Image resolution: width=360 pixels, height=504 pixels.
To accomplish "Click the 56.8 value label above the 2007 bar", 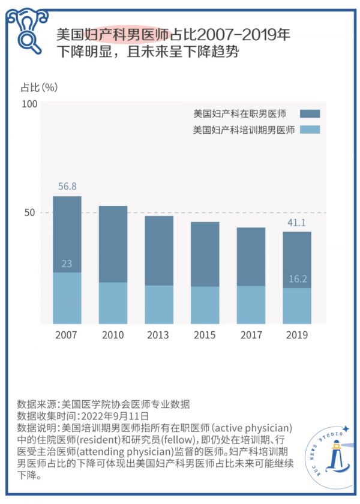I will pyautogui.click(x=67, y=187).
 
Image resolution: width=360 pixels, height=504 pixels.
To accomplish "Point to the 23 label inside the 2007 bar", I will pyautogui.click(x=67, y=263).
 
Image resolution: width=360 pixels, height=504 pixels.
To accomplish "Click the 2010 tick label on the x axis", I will pyautogui.click(x=113, y=335).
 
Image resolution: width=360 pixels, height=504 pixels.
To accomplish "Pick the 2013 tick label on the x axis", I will pyautogui.click(x=159, y=335).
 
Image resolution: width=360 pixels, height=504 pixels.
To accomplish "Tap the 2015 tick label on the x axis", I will pyautogui.click(x=205, y=335).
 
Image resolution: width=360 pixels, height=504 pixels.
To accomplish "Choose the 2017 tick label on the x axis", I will pyautogui.click(x=251, y=335).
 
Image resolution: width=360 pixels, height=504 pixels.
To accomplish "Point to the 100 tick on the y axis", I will pyautogui.click(x=30, y=104).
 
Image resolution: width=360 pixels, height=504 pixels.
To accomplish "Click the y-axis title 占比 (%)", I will pyautogui.click(x=40, y=87).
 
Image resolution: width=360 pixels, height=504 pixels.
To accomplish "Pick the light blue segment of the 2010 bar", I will pyautogui.click(x=113, y=303).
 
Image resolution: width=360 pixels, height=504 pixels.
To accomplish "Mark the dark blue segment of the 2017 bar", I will pyautogui.click(x=251, y=256).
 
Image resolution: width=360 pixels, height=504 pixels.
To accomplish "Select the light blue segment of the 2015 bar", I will pyautogui.click(x=205, y=305).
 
